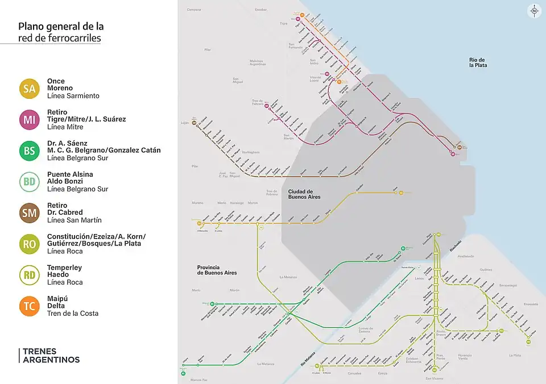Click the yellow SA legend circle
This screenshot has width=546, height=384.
[30, 89]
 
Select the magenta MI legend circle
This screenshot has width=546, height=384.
[30, 119]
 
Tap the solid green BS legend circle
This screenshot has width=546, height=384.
[30, 151]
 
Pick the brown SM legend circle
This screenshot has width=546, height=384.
[30, 213]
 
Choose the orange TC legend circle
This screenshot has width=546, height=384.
[30, 306]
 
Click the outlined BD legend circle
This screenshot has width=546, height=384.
[30, 182]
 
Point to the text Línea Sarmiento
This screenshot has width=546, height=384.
[73, 96]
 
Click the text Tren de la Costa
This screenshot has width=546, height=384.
[73, 314]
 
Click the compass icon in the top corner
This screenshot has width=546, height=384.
[534, 11]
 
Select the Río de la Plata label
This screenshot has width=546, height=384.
[478, 62]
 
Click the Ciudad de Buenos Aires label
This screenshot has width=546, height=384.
[304, 194]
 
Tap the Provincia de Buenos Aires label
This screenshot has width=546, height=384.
[217, 270]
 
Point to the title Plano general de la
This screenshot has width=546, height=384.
[61, 27]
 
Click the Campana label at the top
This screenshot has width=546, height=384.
[195, 10]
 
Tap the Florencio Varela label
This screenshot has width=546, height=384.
[453, 357]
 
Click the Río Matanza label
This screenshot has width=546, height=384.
[308, 353]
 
